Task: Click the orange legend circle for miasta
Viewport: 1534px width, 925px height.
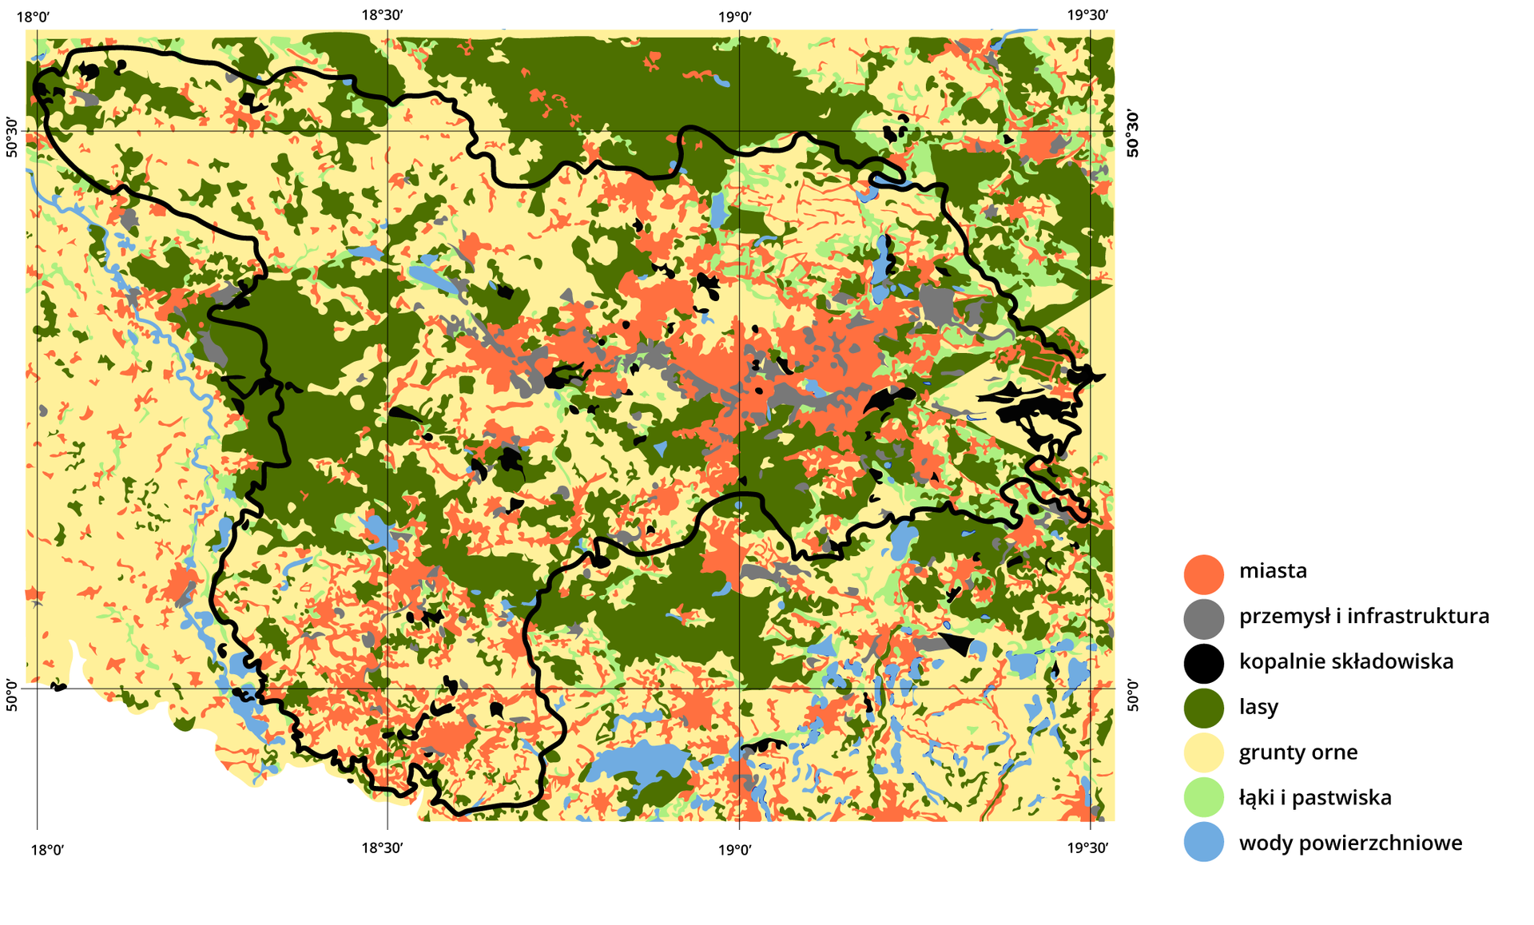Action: point(1203,574)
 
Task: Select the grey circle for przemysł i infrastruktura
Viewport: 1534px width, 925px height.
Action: point(1203,619)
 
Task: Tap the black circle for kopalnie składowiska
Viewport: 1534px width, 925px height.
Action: point(1203,664)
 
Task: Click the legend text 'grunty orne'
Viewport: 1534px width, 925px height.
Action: point(1298,752)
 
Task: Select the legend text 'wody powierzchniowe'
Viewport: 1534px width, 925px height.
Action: point(1350,843)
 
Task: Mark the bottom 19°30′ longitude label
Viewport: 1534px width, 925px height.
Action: point(1087,848)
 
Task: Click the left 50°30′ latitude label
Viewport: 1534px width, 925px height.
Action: point(12,137)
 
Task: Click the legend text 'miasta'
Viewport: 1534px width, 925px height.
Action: point(1273,571)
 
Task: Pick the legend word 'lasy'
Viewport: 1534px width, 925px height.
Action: point(1258,707)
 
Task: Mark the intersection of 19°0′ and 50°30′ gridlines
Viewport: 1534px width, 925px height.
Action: point(739,131)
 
